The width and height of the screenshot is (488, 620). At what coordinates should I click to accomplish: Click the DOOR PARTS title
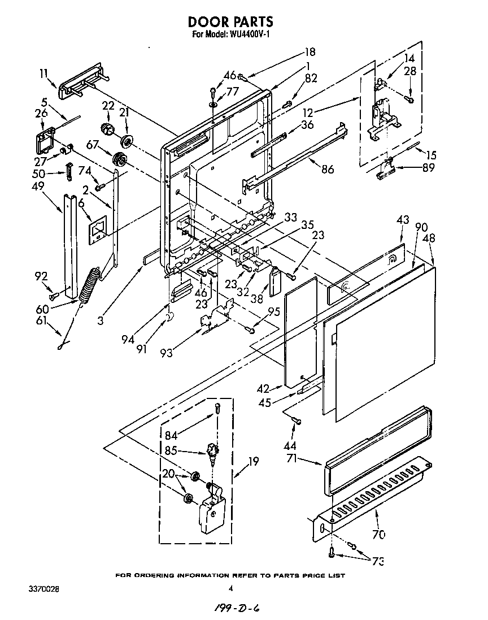click(x=230, y=21)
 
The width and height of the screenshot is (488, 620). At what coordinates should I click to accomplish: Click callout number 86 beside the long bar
click(x=327, y=169)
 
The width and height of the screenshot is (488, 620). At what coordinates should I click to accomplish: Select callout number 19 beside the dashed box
click(x=254, y=461)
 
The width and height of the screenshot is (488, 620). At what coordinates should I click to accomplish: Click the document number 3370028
click(x=43, y=589)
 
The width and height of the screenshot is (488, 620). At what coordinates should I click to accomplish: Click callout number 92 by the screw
click(x=40, y=276)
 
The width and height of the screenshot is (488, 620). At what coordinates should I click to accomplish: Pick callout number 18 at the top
click(x=310, y=52)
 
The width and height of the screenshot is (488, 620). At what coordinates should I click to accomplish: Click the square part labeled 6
click(x=98, y=226)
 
